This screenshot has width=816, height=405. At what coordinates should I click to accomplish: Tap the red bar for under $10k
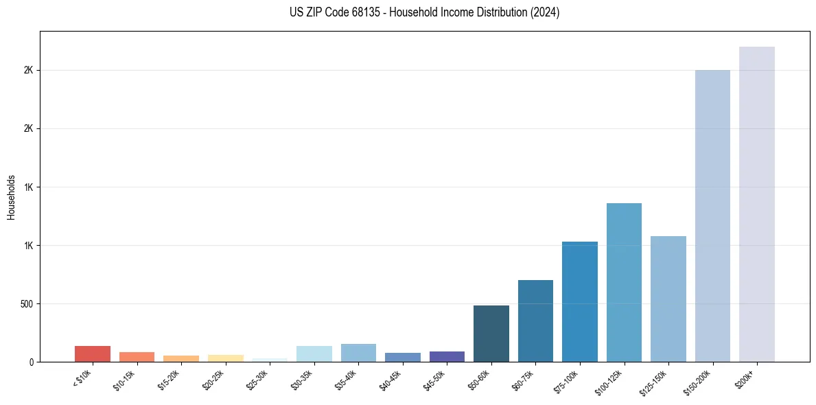[x=93, y=354]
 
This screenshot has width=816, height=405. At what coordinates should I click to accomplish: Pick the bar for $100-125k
[x=624, y=282]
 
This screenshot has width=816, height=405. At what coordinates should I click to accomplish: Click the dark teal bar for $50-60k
[x=491, y=334]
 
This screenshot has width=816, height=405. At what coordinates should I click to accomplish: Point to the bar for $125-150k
[x=668, y=299]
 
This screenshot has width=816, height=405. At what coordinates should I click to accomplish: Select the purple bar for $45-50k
[x=447, y=356]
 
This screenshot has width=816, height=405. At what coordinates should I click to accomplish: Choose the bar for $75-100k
[x=579, y=301]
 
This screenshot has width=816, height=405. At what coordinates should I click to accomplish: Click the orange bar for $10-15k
[x=137, y=357]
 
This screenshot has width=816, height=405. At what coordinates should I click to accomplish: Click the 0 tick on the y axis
[x=30, y=362]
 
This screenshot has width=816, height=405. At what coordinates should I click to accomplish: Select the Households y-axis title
[x=11, y=196]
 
